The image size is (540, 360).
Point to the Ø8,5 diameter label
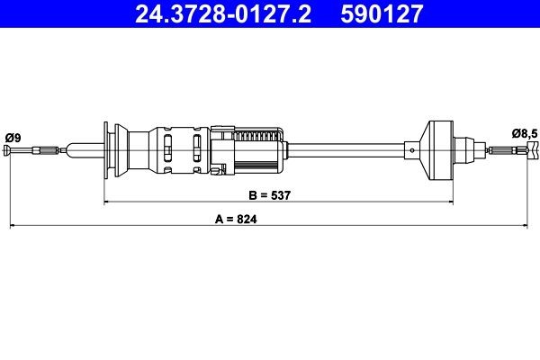click(x=525, y=133)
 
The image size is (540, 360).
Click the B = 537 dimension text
click(x=270, y=194)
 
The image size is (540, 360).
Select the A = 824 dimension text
click(x=229, y=218)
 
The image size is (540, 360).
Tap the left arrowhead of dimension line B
click(x=107, y=203)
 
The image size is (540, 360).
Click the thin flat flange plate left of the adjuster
click(x=107, y=148)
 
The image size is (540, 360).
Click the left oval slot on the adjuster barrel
click(x=168, y=148)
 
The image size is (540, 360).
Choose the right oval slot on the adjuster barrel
click(x=197, y=148)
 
